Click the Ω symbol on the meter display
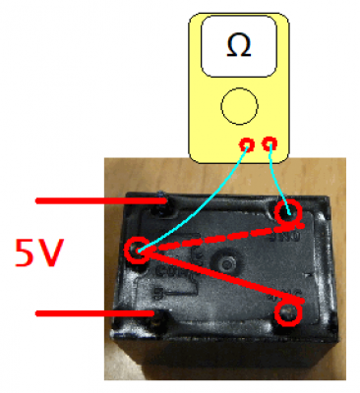[x=239, y=46]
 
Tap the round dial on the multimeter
[x=239, y=106]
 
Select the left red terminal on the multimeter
[x=247, y=144]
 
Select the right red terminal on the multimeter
[x=270, y=143]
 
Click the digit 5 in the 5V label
[x=26, y=253]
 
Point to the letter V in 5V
[x=49, y=253]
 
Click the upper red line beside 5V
[x=101, y=200]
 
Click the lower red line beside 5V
[x=95, y=313]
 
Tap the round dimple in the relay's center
[x=226, y=263]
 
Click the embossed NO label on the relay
[x=284, y=237]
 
